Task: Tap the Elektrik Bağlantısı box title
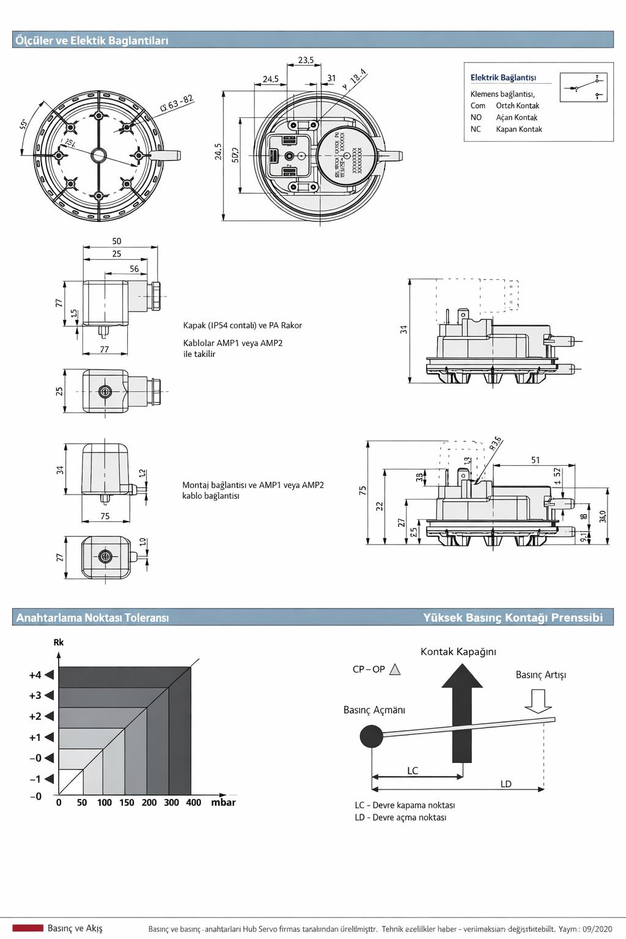coord(503,78)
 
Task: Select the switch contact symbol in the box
coord(583,87)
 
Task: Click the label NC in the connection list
coord(476,129)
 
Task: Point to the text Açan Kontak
coord(517,117)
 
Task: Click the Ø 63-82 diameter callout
coord(177,103)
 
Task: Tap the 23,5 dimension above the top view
coord(306,60)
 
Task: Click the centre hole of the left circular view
coord(98,155)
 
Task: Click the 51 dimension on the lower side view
coord(536,460)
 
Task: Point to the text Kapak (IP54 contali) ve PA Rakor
coord(243,325)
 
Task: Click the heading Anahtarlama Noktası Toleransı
coord(92,617)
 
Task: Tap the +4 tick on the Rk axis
coord(35,675)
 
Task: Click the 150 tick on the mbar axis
coord(127,803)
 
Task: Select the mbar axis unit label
coord(223,803)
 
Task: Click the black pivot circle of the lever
coord(371,736)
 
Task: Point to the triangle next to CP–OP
coord(395,669)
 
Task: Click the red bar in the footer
coord(28,928)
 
